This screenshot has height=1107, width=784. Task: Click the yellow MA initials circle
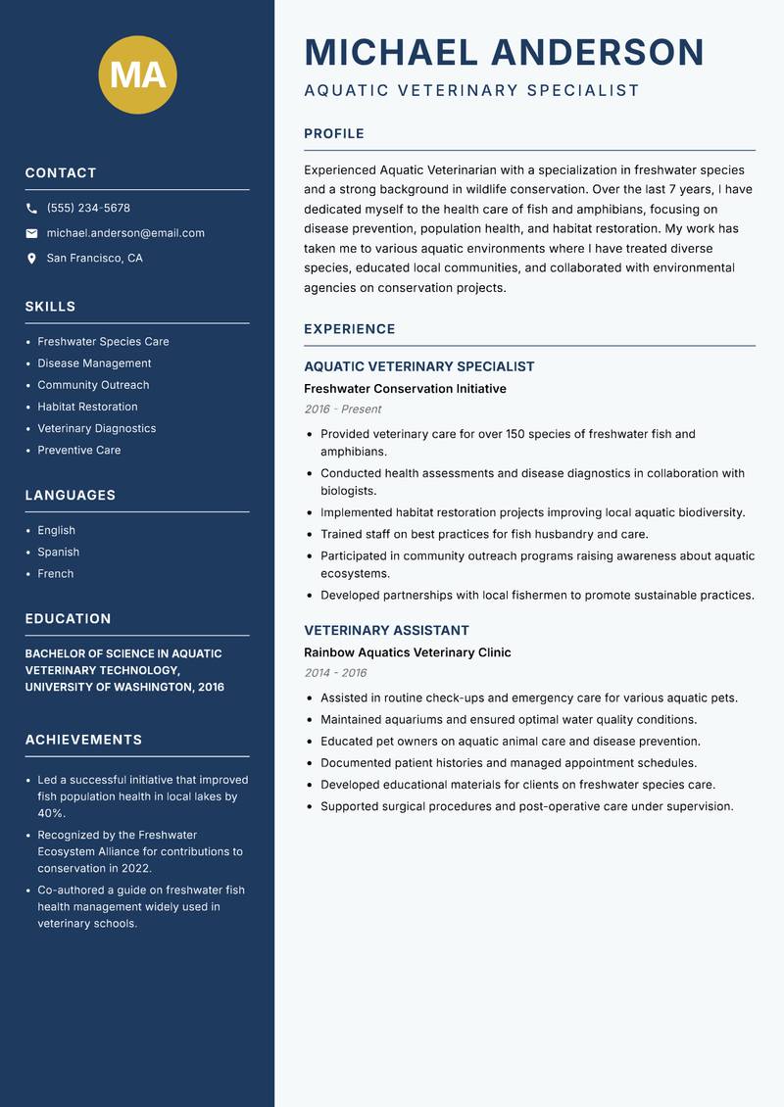click(x=137, y=74)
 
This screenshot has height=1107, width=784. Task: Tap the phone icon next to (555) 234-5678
click(x=31, y=209)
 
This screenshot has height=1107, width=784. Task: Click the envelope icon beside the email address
click(x=31, y=233)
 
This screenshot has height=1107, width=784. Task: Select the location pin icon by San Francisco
click(x=31, y=259)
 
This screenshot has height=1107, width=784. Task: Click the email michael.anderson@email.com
click(x=125, y=233)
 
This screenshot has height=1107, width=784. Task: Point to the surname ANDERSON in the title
click(x=597, y=52)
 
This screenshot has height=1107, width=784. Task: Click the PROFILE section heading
click(x=333, y=133)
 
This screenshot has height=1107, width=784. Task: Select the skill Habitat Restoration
click(x=87, y=407)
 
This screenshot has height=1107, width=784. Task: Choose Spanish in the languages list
click(x=58, y=552)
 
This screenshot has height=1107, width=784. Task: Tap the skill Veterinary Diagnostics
click(x=96, y=428)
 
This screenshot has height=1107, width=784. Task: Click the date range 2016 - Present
click(x=342, y=409)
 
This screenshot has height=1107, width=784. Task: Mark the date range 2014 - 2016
click(x=334, y=673)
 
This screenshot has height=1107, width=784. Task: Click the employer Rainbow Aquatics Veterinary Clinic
click(x=407, y=652)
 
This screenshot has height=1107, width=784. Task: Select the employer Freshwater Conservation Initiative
click(x=405, y=389)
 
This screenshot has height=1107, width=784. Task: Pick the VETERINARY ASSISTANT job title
click(x=386, y=630)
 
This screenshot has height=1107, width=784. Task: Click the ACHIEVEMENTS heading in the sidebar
click(x=83, y=740)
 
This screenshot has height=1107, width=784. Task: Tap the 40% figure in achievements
click(x=51, y=813)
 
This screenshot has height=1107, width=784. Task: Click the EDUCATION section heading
click(x=68, y=618)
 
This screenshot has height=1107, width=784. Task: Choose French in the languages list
click(x=55, y=573)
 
